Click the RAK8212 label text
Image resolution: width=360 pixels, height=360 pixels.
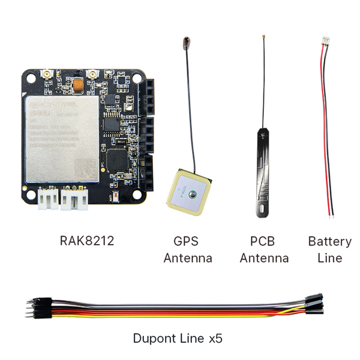pos(87,241)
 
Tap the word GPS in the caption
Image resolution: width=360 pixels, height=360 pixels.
pos(185,242)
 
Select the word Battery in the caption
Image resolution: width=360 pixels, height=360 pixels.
pos(329,242)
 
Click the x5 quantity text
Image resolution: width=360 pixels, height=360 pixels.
pos(215,338)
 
